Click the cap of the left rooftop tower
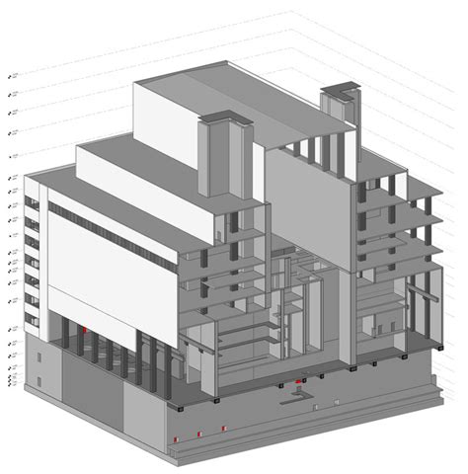226,120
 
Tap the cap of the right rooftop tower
337,92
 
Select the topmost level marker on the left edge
11,75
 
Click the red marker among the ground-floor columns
87,329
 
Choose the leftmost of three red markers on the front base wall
177,436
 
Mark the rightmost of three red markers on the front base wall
224,428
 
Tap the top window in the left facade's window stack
33,203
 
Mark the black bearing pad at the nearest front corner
182,406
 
